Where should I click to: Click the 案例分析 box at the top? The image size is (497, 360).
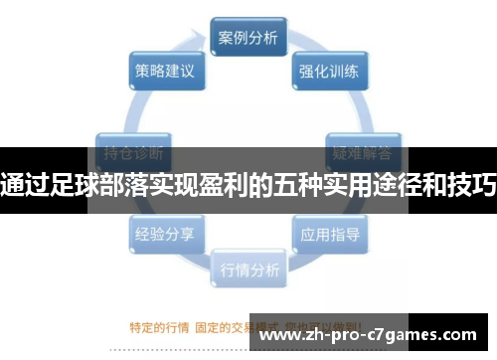[x=248, y=39]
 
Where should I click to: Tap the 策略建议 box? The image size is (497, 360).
[x=164, y=72]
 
